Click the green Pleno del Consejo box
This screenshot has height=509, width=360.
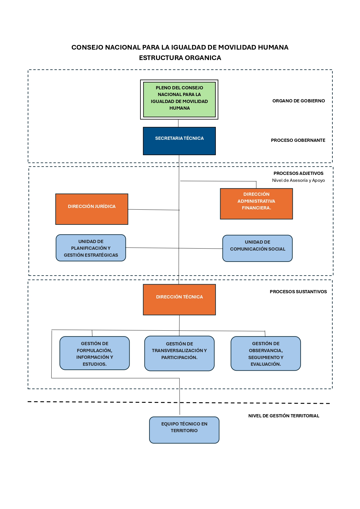click(x=179, y=99)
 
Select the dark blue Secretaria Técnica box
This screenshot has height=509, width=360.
click(x=179, y=141)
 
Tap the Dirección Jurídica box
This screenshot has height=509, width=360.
click(x=92, y=209)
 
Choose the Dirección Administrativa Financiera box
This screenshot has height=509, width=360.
click(x=256, y=204)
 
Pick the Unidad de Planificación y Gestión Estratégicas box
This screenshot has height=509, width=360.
click(x=91, y=248)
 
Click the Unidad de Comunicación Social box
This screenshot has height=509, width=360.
click(x=258, y=248)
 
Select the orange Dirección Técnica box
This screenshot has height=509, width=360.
click(x=179, y=300)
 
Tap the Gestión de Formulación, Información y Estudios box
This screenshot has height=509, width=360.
click(x=95, y=353)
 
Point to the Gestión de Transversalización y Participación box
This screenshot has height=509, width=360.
click(x=179, y=353)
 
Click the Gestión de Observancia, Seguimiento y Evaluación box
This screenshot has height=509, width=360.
click(x=266, y=354)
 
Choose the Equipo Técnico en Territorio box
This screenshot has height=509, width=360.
click(x=184, y=430)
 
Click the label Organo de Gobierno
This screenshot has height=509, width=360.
click(x=299, y=101)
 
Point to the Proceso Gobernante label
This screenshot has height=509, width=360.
click(x=298, y=140)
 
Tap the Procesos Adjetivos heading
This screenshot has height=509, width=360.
click(x=298, y=173)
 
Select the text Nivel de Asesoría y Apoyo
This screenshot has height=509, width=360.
click(x=298, y=180)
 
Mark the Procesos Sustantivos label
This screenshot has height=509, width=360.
click(x=298, y=292)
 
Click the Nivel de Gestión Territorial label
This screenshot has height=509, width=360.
click(x=284, y=416)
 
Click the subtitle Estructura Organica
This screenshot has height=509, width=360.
click(x=180, y=58)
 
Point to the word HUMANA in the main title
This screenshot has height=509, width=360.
click(x=273, y=47)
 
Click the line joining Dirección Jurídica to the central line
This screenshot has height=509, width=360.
click(x=154, y=210)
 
